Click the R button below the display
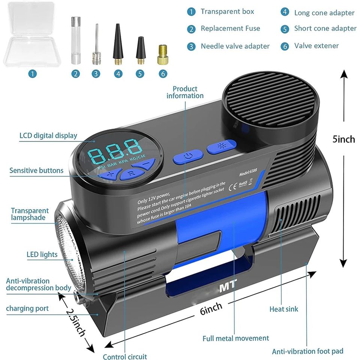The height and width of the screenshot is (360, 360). (131, 173)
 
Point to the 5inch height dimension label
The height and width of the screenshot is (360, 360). (343, 139)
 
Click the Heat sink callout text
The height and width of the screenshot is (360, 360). (284, 309)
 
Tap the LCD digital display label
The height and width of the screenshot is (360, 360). (48, 135)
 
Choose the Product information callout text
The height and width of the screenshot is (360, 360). (185, 92)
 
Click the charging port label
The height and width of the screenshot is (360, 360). (27, 308)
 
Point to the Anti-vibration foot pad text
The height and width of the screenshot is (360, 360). (307, 351)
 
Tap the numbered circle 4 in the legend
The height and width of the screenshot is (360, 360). (285, 12)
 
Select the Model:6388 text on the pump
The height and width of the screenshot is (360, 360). (250, 173)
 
